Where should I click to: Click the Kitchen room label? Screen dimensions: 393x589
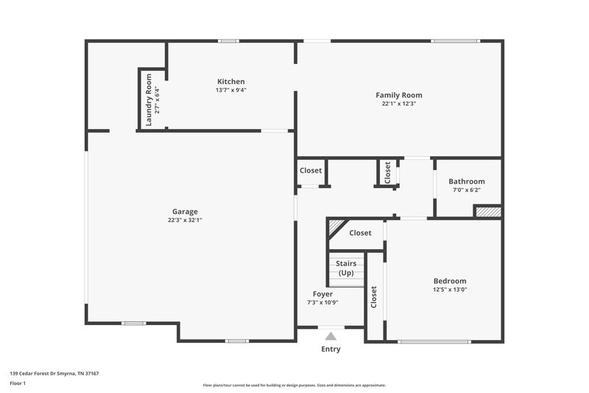(230, 81)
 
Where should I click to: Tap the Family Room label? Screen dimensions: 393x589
(399, 95)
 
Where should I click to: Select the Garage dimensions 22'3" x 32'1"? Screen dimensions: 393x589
(185, 220)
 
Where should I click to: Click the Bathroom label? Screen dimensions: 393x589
(467, 181)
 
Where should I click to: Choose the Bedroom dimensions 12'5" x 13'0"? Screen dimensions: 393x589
(449, 290)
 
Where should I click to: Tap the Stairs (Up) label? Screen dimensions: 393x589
(346, 268)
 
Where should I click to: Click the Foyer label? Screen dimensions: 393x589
(322, 294)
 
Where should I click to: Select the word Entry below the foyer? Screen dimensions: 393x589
(331, 349)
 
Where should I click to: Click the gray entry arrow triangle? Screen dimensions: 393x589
(331, 336)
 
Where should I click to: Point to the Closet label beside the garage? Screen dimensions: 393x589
(311, 170)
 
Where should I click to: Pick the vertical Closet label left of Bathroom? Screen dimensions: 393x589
(387, 173)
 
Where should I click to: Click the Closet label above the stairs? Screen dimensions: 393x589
(360, 233)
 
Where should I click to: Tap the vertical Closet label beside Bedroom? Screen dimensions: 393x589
(374, 296)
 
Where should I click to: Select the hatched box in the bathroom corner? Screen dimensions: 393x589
(487, 212)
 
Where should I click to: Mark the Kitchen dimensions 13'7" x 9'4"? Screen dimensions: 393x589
(230, 90)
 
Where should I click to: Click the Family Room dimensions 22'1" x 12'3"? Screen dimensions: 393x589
(399, 104)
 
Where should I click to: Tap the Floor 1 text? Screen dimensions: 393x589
(17, 383)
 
